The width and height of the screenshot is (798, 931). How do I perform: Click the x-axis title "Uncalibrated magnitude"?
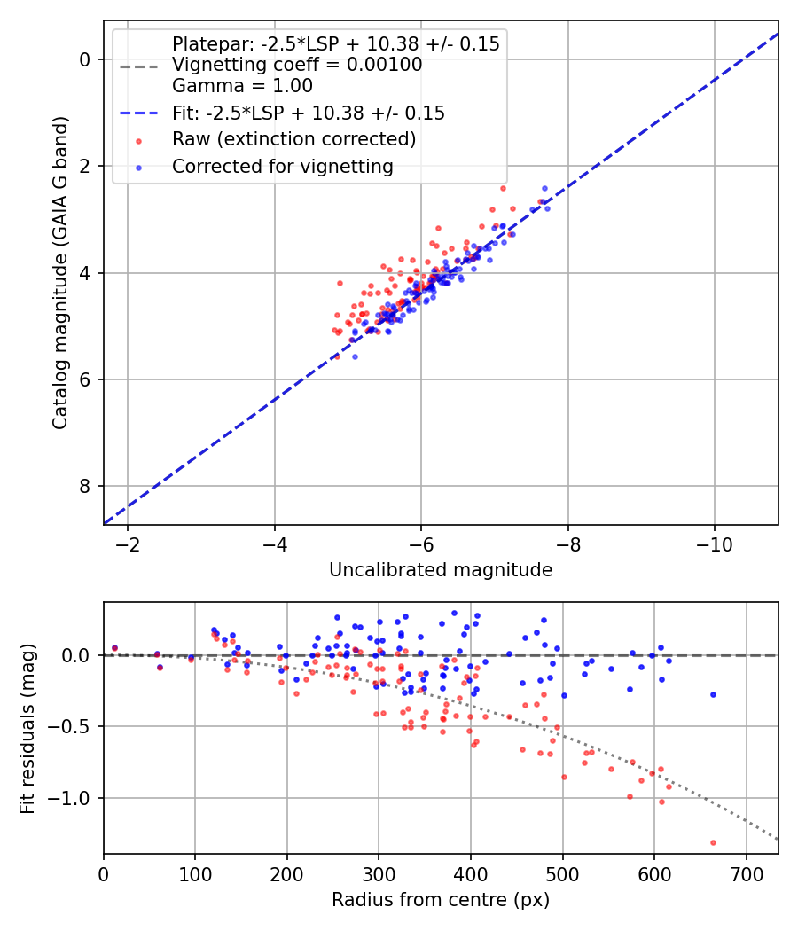coord(441,570)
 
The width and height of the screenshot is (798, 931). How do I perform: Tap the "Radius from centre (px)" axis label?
coord(441,900)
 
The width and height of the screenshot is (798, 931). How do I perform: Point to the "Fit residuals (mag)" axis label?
coord(27,728)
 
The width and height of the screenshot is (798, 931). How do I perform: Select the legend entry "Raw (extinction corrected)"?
coord(293,139)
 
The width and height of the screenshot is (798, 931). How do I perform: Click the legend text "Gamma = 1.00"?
coord(242,86)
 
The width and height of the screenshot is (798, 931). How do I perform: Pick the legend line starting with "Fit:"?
coord(308,113)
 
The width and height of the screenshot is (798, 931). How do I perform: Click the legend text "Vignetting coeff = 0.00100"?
coord(297,65)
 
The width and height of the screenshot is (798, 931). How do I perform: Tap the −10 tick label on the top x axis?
coord(715,543)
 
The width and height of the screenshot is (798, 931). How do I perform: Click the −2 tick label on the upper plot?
coord(128,543)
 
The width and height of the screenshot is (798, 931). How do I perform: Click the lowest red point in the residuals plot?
coord(713,842)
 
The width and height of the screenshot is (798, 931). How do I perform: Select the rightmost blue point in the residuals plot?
coord(713,694)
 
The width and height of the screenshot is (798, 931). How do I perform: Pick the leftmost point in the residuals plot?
coord(114,648)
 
